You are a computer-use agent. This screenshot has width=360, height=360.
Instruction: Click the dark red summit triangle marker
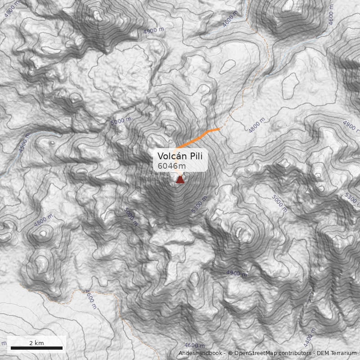point(180,180)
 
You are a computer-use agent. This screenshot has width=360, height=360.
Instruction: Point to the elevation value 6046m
point(171,166)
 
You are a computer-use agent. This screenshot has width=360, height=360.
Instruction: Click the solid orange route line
point(198,136)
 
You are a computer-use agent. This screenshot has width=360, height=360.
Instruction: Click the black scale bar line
point(36,348)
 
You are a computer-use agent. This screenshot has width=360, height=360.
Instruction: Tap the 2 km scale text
point(36,342)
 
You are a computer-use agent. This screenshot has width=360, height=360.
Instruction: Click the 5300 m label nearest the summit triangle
point(199,205)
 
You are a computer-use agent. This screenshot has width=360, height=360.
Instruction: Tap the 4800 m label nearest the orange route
point(256,126)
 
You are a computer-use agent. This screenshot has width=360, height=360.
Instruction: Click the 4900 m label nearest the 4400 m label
point(236,273)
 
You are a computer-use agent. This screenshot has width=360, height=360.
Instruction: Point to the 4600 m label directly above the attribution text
point(194,345)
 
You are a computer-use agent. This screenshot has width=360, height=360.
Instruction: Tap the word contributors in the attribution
point(297,354)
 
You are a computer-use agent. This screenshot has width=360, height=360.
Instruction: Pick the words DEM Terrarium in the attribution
point(337,354)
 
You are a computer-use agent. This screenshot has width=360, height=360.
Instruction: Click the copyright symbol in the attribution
point(230,354)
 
